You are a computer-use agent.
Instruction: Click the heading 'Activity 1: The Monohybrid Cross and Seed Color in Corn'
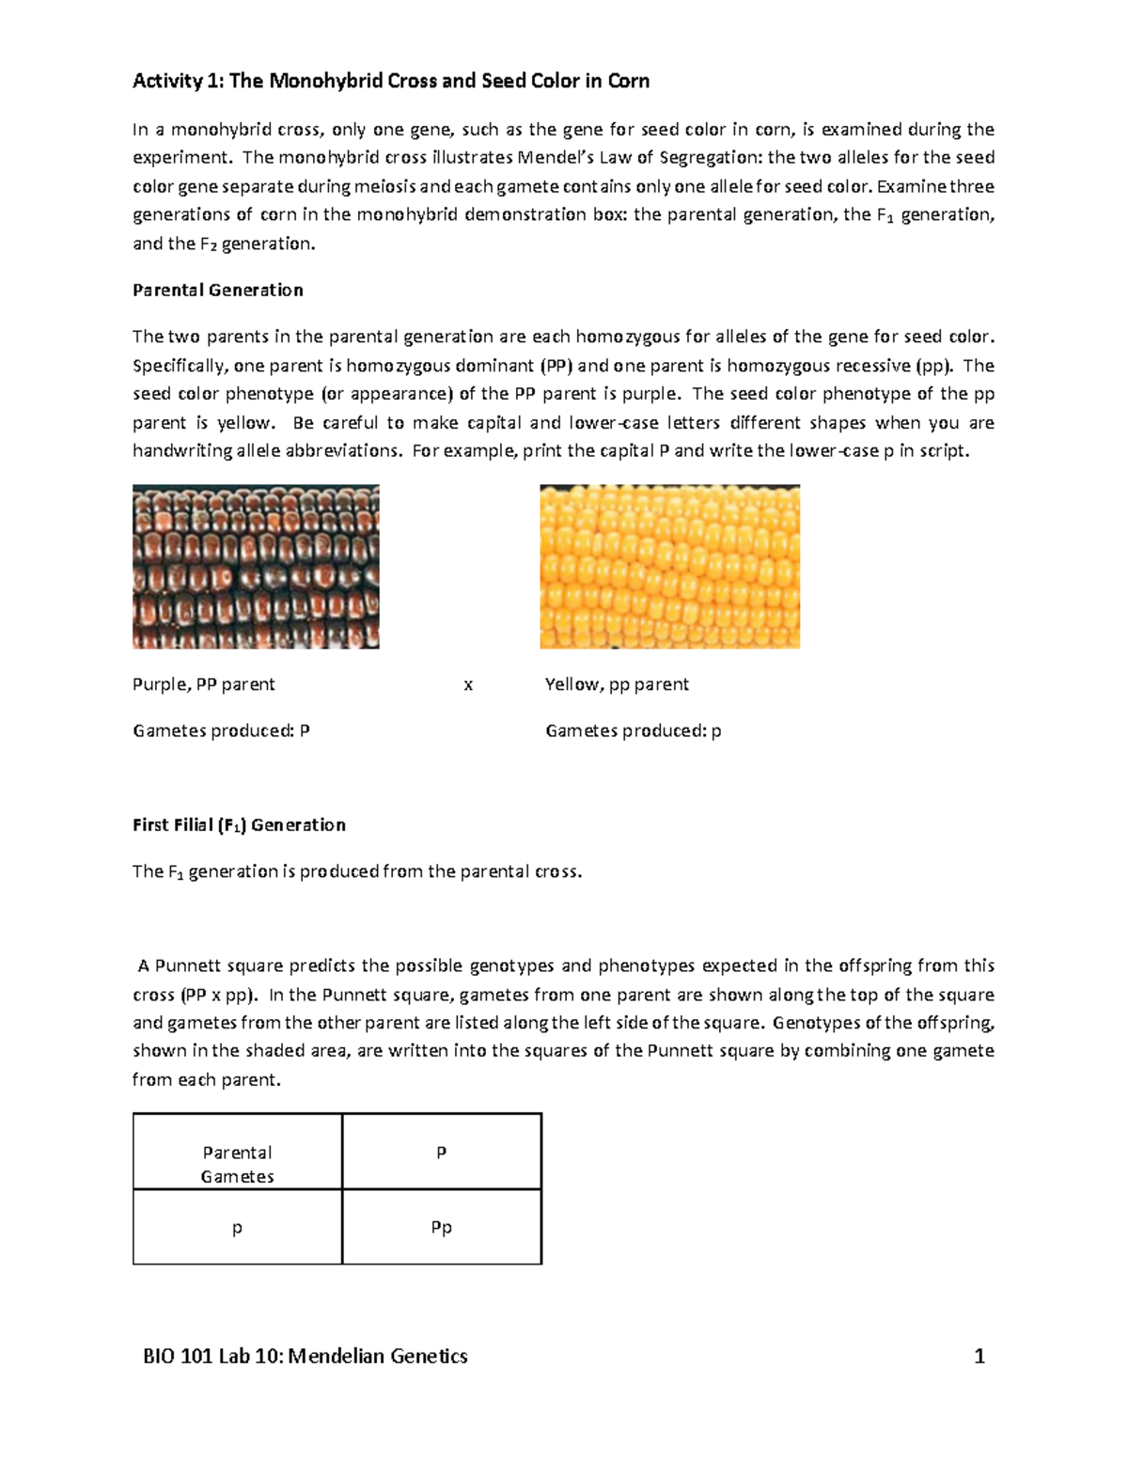390,81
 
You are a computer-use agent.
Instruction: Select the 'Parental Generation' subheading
217,290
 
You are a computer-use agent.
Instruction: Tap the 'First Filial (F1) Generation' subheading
239,824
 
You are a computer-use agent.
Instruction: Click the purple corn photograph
256,566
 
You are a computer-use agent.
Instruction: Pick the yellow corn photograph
669,566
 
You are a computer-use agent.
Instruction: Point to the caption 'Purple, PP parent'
204,684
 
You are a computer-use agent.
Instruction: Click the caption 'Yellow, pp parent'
617,684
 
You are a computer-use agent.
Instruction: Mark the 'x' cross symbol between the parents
468,685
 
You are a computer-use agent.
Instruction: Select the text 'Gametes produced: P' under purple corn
221,730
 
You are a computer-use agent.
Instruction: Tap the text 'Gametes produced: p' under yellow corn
633,730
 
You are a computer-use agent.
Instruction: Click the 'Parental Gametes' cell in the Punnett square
237,1164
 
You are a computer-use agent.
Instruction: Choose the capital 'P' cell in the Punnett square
441,1153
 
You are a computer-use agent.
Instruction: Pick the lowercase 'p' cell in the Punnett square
237,1228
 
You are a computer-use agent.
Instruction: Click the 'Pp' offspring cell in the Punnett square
441,1228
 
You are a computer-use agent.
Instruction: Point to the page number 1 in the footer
979,1356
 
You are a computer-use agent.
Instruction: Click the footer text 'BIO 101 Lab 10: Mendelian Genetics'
305,1356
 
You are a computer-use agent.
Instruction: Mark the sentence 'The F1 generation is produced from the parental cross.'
357,871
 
